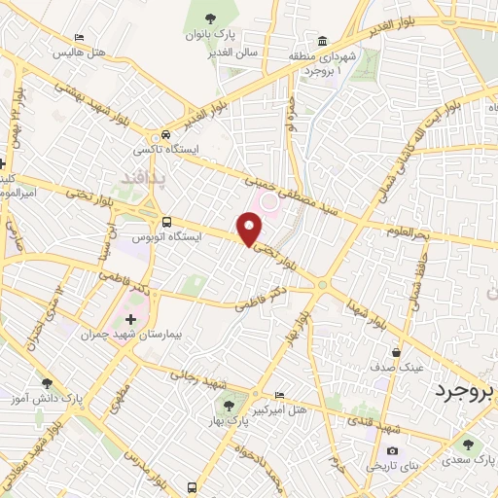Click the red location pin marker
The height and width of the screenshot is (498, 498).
pyautogui.click(x=251, y=230)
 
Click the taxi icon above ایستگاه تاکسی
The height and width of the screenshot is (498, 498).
pyautogui.click(x=166, y=134)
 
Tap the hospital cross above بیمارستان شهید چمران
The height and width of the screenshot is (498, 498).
pyautogui.click(x=131, y=319)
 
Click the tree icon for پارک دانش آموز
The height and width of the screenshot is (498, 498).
pyautogui.click(x=47, y=383)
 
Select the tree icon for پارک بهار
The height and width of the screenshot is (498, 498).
pyautogui.click(x=229, y=406)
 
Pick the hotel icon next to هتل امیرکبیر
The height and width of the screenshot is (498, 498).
pyautogui.click(x=281, y=395)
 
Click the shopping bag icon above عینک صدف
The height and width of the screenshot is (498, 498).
pyautogui.click(x=395, y=352)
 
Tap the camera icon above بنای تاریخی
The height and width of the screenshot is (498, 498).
pyautogui.click(x=391, y=449)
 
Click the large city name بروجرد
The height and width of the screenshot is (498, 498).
pyautogui.click(x=465, y=391)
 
